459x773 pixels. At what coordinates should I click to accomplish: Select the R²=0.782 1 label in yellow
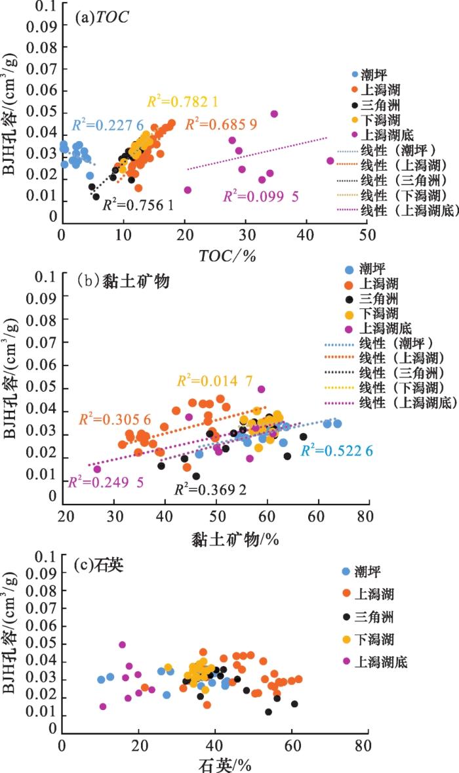pyautogui.click(x=182, y=101)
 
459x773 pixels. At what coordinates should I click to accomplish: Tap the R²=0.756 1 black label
pyautogui.click(x=138, y=205)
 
